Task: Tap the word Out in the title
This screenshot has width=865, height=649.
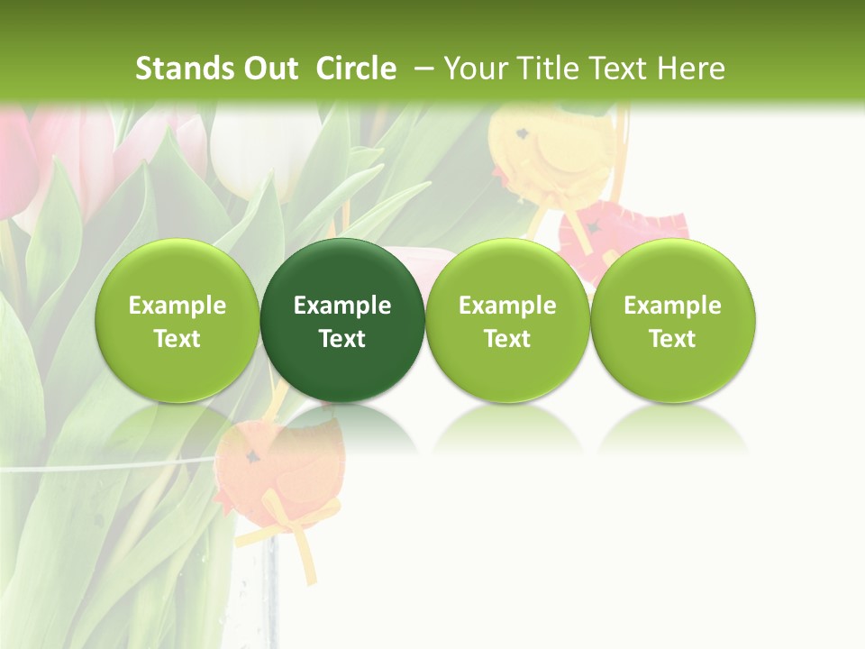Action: click(x=270, y=69)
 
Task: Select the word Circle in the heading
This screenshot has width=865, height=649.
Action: click(x=356, y=69)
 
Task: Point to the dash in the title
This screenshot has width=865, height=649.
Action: click(x=423, y=69)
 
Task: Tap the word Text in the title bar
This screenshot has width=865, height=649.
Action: click(x=619, y=69)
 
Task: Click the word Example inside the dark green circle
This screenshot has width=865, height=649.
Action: click(x=342, y=306)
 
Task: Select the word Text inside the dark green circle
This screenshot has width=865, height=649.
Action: click(x=342, y=339)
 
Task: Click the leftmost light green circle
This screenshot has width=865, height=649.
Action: click(x=177, y=320)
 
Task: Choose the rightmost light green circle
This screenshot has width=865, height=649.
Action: click(x=673, y=320)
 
